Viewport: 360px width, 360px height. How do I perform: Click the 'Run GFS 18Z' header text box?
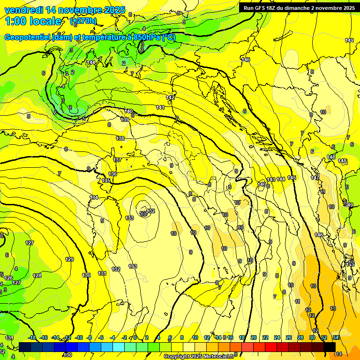coord(298,7)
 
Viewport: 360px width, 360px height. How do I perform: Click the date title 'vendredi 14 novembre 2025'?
coord(65,10)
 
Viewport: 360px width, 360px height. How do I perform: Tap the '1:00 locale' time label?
coord(33,21)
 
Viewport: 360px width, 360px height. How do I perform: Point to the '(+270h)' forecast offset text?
coord(83,21)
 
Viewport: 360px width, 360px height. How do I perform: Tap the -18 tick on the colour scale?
coord(32,338)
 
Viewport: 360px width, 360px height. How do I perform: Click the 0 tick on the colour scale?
coord(135,338)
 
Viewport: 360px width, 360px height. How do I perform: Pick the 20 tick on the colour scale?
coord(253,338)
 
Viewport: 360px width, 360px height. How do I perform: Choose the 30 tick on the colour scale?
coord(312,338)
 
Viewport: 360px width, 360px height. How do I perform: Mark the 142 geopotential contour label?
coord(171,97)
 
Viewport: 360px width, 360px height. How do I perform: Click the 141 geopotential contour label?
coord(161,107)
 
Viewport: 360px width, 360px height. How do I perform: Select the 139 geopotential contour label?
coord(125,120)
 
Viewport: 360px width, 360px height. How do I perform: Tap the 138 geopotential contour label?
coord(120,138)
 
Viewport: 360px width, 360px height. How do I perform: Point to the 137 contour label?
coord(117,160)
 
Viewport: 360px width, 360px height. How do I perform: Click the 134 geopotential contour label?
coord(94,197)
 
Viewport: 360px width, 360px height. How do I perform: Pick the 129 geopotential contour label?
coord(70,259)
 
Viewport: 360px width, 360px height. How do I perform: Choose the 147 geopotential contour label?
coord(315,178)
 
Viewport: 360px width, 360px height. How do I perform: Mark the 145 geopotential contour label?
coord(292,178)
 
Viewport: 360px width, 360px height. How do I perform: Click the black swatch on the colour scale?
coord(330,347)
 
